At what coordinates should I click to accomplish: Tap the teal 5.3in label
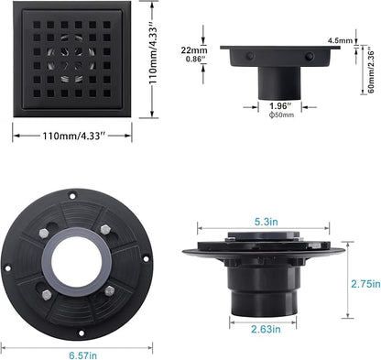[x=261, y=220]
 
